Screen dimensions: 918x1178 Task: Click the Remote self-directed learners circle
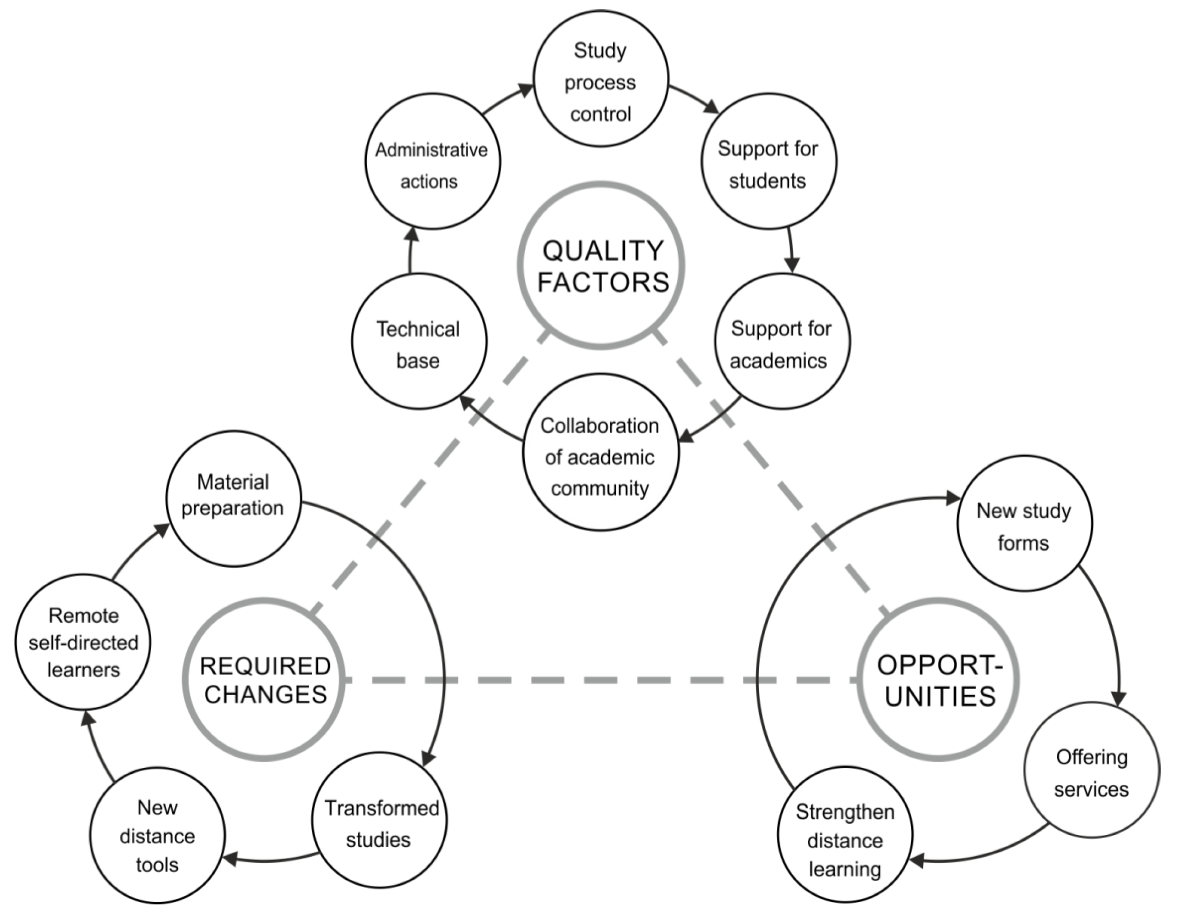[x=83, y=642]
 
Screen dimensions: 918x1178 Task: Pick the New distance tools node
[x=157, y=835]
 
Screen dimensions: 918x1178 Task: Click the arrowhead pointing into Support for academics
[x=791, y=265]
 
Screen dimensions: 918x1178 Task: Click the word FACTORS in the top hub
[x=603, y=282]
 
